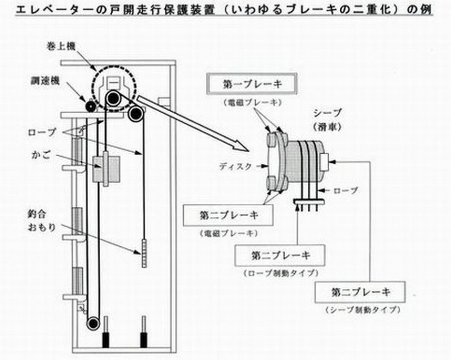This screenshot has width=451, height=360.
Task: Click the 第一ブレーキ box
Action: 253,84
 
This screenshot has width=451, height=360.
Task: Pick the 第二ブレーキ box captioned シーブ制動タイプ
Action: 360,291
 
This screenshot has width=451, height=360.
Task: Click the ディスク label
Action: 237,167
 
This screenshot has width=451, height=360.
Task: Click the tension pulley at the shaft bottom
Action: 93,323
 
